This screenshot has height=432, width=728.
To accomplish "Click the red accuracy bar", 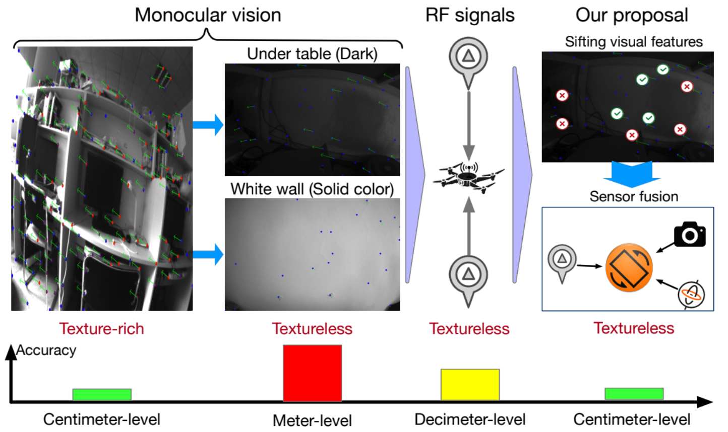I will pyautogui.click(x=312, y=373).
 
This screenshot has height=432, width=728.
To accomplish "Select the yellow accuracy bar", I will pyautogui.click(x=470, y=385).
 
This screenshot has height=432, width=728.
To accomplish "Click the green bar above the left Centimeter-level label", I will pyautogui.click(x=102, y=394).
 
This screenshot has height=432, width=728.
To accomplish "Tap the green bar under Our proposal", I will pyautogui.click(x=634, y=393).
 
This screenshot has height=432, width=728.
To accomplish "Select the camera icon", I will pyautogui.click(x=690, y=234).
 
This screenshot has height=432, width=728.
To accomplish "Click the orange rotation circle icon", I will pyautogui.click(x=629, y=267).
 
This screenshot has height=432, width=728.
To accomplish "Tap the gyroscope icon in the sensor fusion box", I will pyautogui.click(x=691, y=295).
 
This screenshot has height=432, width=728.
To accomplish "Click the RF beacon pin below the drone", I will pyautogui.click(x=468, y=278).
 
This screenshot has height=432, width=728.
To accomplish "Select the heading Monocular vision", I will pyautogui.click(x=208, y=15).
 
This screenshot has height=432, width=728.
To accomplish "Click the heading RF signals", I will pyautogui.click(x=470, y=15).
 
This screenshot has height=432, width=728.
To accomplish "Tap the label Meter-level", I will pyautogui.click(x=312, y=420).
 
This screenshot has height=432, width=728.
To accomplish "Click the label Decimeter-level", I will pyautogui.click(x=470, y=419).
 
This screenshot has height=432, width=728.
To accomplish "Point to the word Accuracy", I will pyautogui.click(x=46, y=350).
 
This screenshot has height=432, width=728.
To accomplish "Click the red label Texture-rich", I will pyautogui.click(x=102, y=329).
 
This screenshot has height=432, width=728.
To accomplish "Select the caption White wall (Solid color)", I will pyautogui.click(x=312, y=189).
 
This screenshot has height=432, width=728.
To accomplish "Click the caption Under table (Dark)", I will pyautogui.click(x=312, y=54).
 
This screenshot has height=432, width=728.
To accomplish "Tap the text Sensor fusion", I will pyautogui.click(x=634, y=196).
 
